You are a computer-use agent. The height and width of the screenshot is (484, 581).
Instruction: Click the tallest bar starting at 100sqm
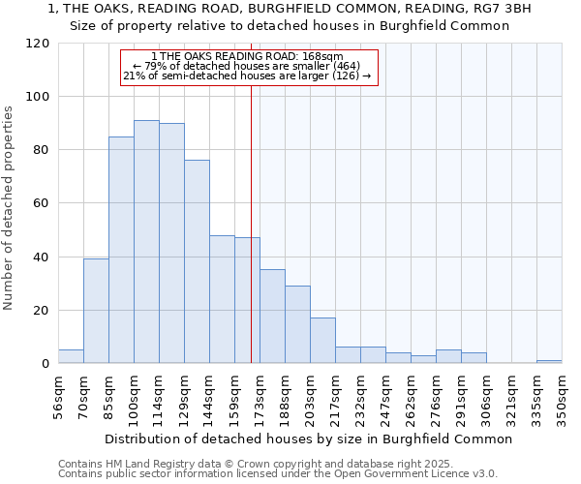click(x=146, y=242)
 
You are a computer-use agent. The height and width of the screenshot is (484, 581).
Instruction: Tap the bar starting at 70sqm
click(x=96, y=311)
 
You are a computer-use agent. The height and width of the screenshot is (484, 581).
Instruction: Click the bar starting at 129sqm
click(x=197, y=261)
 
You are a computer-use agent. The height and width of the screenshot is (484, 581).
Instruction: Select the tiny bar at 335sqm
click(x=549, y=362)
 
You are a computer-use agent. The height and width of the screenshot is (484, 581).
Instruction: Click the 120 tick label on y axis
click(x=38, y=44)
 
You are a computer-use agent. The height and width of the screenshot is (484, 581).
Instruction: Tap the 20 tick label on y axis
click(x=42, y=311)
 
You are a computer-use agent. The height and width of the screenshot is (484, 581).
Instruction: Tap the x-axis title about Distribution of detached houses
click(x=307, y=439)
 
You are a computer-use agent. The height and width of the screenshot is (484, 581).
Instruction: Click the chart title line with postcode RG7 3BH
click(x=290, y=8)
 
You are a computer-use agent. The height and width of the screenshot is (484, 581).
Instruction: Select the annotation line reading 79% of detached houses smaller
click(x=248, y=66)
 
